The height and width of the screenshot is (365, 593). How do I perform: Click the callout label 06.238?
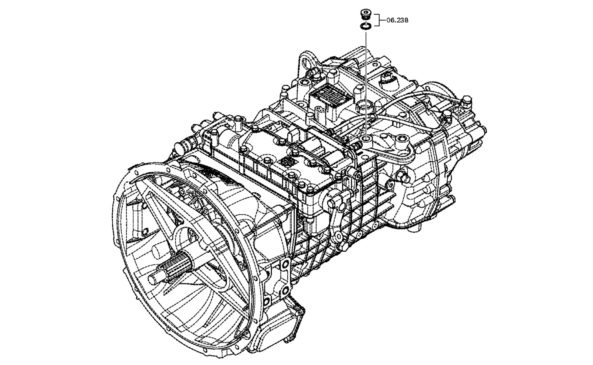click(397, 20)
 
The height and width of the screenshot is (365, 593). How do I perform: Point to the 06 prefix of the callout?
click(390, 20)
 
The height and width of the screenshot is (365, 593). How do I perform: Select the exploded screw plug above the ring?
click(366, 14)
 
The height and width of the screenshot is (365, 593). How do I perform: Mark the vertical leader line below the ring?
click(366, 83)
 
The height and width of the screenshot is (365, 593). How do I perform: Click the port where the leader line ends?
click(367, 139)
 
